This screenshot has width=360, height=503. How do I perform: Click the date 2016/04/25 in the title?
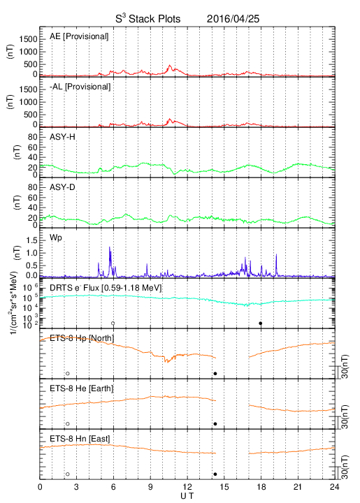pos(233,19)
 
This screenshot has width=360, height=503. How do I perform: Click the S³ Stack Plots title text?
pos(148,19)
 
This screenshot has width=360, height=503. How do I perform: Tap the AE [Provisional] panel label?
pos(79,36)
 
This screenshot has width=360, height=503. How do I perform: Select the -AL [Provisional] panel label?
pos(80,87)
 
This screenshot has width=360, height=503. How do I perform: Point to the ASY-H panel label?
pos(62,137)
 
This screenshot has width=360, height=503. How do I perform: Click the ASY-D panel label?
pos(62,187)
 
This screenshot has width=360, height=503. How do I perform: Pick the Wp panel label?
pos(56,238)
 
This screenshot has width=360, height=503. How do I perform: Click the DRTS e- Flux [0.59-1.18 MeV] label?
pos(106,288)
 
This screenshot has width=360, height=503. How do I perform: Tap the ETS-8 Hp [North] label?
pos(82,338)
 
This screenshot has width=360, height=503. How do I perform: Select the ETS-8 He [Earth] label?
pos(82,388)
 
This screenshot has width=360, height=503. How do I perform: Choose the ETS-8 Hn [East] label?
pos(80,439)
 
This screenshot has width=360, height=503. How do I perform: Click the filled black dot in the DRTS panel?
pos(261,323)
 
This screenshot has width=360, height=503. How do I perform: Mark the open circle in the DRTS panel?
pos(113,323)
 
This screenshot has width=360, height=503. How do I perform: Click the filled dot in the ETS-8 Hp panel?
pos(215,373)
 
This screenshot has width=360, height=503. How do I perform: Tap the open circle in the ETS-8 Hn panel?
pos(68,474)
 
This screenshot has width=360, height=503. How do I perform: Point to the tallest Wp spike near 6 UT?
pos(110,247)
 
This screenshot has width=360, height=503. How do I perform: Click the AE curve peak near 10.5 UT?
pos(170,66)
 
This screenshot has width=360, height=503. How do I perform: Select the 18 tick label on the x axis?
pos(261,487)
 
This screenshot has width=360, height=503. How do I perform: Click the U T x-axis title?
pos(187,496)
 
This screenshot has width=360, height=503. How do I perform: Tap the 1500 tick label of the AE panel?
pos(29,39)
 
